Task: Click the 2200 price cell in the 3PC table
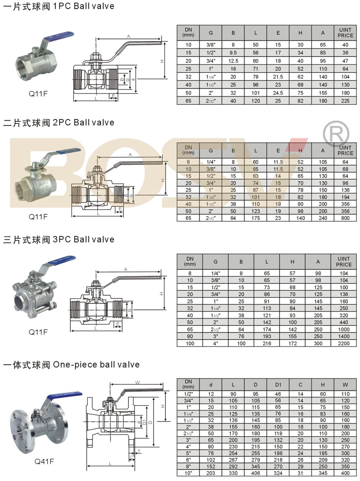click(x=344, y=343)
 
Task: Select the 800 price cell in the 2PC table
click(x=345, y=218)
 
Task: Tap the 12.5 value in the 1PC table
click(x=233, y=61)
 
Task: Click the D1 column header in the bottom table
click(x=278, y=384)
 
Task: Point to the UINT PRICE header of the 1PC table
click(x=345, y=33)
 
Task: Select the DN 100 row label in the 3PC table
click(x=190, y=343)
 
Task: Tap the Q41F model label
click(x=44, y=461)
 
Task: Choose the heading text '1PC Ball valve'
click(x=82, y=6)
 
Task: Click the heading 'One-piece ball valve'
click(x=96, y=364)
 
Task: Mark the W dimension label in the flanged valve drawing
click(x=137, y=383)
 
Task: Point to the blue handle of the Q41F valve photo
click(x=65, y=395)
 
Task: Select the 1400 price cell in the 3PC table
click(x=344, y=337)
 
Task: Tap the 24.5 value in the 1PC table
click(x=278, y=93)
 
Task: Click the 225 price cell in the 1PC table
click(x=345, y=101)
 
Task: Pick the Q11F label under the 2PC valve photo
click(x=38, y=217)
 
